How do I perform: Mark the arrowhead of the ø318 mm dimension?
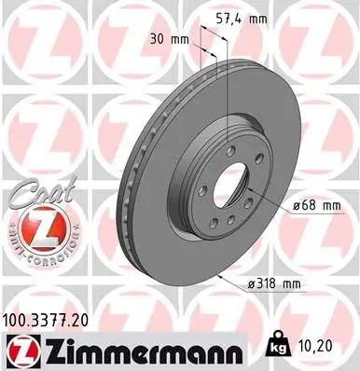[x=217, y=277]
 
